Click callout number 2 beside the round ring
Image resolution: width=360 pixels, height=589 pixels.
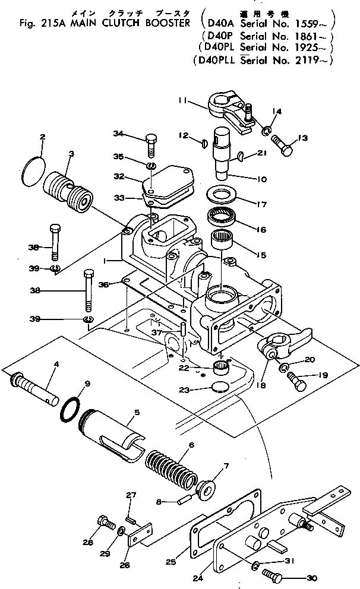pyautogui.click(x=43, y=137)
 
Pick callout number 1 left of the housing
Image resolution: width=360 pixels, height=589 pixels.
pyautogui.click(x=105, y=259)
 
